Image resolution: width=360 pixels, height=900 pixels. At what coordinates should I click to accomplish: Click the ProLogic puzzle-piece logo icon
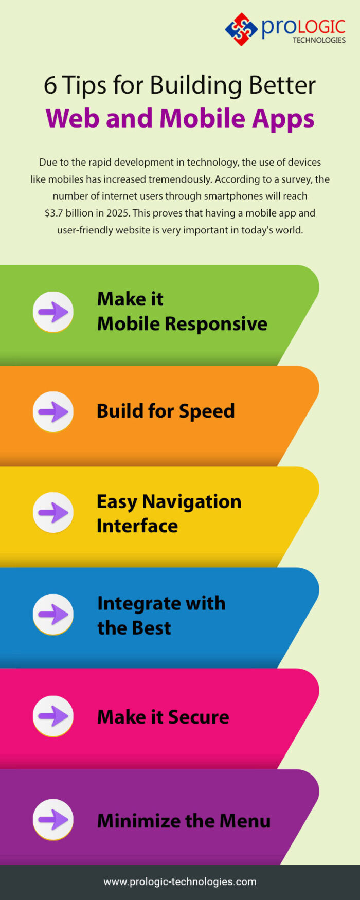(x=241, y=29)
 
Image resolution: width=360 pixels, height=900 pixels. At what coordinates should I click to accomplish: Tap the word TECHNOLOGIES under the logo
(x=319, y=40)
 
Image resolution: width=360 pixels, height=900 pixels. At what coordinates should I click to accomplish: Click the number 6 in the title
(x=50, y=85)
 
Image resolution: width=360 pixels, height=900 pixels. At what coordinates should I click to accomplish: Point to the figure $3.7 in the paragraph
(x=54, y=213)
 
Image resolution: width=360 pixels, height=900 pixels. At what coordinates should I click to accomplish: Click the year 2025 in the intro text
(x=117, y=213)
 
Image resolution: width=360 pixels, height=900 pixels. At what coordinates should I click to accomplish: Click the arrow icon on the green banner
(x=53, y=312)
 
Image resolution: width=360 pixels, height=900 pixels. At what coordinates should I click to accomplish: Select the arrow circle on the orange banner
(x=53, y=412)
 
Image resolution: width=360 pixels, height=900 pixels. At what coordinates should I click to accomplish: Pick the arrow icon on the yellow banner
(x=53, y=513)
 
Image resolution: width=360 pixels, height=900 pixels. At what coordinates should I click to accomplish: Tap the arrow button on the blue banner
(x=53, y=614)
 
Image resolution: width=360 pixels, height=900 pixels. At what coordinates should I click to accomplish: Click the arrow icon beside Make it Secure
(x=53, y=716)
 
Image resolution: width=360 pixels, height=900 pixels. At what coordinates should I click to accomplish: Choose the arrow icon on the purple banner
(x=53, y=820)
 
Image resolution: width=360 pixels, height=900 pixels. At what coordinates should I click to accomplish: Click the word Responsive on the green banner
(x=216, y=324)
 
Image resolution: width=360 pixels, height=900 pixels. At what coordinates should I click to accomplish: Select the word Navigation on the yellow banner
(x=191, y=501)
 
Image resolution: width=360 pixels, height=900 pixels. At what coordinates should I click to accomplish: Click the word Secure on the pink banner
(x=199, y=717)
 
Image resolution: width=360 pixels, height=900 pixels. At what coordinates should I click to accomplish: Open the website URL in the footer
(x=180, y=881)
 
